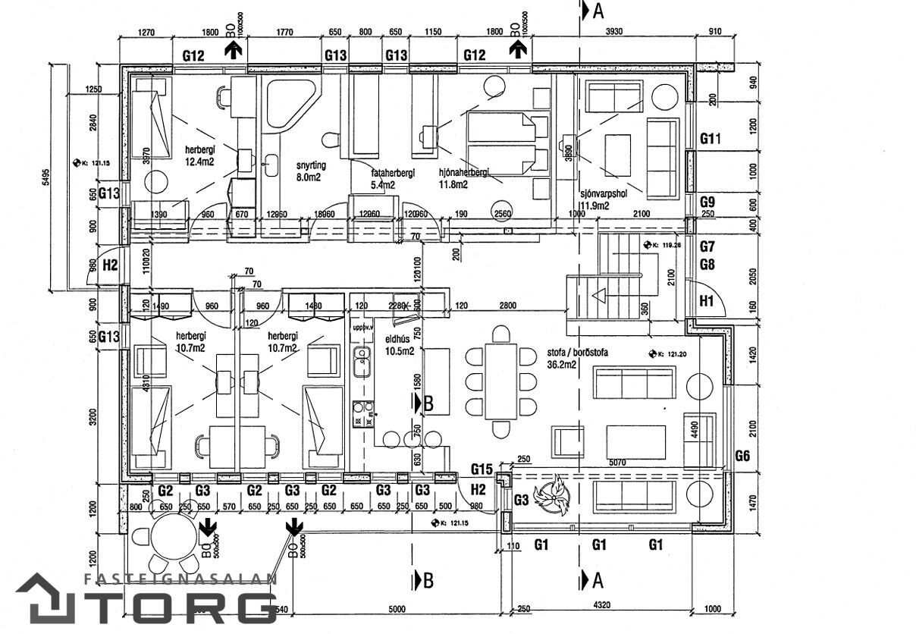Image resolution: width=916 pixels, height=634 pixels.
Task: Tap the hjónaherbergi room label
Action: (x=464, y=177)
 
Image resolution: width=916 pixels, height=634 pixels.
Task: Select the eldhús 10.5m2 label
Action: (x=399, y=345)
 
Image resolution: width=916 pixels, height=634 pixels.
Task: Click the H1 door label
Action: (x=707, y=301)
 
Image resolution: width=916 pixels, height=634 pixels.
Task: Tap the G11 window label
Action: (x=711, y=139)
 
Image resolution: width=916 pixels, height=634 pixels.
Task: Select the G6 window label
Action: (x=744, y=455)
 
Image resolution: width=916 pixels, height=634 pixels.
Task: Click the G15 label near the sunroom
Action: (x=482, y=469)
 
